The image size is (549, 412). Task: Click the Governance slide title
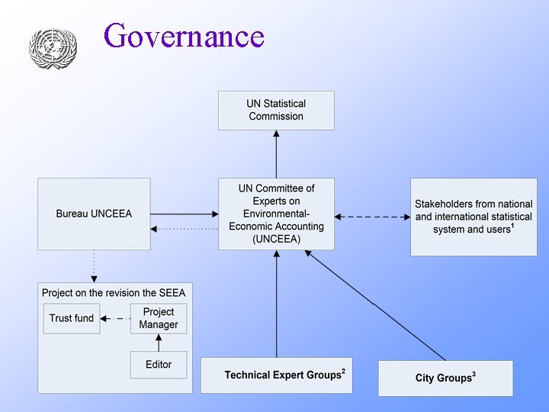coord(184,36)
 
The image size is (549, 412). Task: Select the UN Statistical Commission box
coord(276,110)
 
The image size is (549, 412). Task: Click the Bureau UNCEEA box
coord(94,214)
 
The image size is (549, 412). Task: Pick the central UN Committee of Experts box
coord(276,214)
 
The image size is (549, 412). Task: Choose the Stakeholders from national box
coord(474,217)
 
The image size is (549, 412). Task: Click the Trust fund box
coord(72,318)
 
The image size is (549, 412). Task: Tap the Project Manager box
coord(159,318)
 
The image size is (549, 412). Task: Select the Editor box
coord(159,365)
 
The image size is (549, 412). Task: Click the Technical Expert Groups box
coord(276,375)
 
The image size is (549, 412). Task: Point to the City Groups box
coord(445,378)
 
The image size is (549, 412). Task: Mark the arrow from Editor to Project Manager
coord(159,343)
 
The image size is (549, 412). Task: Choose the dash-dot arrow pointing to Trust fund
coord(115,318)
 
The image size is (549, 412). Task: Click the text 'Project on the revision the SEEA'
coord(114,292)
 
